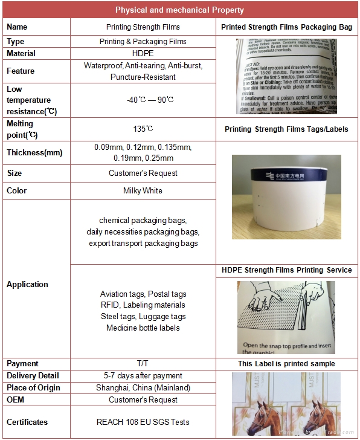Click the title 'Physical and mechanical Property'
[x=179, y=10]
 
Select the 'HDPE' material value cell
[x=143, y=54]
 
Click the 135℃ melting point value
[x=143, y=129]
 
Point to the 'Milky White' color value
[x=143, y=190]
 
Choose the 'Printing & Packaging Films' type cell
[x=143, y=42]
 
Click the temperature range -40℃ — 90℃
[x=143, y=100]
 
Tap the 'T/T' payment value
[x=143, y=363]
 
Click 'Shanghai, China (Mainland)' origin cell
[x=143, y=387]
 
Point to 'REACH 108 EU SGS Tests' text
[x=143, y=422]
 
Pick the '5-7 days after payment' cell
[x=143, y=375]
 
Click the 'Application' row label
[x=27, y=284]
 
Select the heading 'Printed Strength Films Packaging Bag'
[x=286, y=27]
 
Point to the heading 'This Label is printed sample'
[x=286, y=364]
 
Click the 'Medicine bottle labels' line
[x=143, y=328]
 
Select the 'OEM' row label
[x=15, y=400]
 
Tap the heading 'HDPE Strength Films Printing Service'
[x=286, y=270]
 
